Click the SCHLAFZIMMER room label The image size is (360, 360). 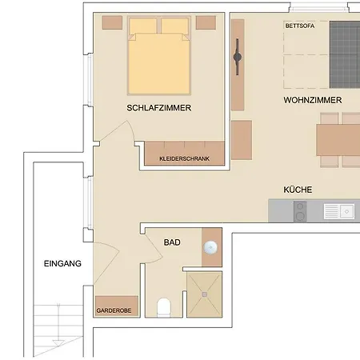(158, 107)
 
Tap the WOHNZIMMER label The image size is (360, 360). (312, 101)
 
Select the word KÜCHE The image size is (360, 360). (297, 190)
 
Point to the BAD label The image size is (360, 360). (172, 242)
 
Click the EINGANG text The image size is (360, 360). (62, 263)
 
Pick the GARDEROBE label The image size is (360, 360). (114, 310)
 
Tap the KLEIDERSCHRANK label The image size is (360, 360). (185, 159)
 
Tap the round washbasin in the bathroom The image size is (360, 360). (211, 247)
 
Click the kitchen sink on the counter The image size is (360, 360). (340, 212)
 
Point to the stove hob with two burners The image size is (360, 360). (300, 212)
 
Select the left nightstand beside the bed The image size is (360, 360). (112, 22)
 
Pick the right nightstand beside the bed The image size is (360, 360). (206, 22)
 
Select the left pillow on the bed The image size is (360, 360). (143, 26)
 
